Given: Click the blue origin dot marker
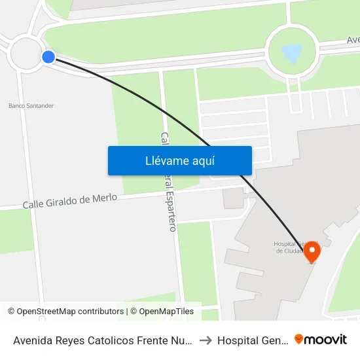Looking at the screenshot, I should (x=48, y=57).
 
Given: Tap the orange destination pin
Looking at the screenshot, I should (x=312, y=251).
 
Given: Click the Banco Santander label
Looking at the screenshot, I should (x=31, y=105).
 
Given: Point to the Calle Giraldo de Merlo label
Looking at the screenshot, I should (x=70, y=201).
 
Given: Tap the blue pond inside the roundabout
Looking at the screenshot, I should (x=292, y=52).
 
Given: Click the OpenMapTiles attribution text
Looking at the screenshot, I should (x=166, y=312).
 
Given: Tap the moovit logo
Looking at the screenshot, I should (x=321, y=340).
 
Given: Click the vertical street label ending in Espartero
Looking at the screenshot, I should (x=169, y=181).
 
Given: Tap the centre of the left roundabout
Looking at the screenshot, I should (x=26, y=53).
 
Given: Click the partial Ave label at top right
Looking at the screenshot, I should (x=353, y=41).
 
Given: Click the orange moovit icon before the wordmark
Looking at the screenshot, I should (x=299, y=340).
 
